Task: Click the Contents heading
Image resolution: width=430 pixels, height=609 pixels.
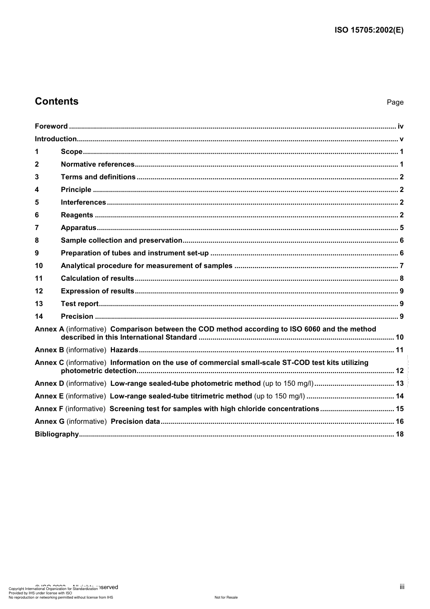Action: point(57,101)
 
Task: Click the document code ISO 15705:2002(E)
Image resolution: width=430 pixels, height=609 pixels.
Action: point(369,30)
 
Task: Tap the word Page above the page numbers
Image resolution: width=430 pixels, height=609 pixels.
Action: point(395,102)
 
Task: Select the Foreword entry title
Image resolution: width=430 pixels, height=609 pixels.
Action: point(51,126)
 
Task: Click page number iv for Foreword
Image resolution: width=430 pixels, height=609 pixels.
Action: point(400,126)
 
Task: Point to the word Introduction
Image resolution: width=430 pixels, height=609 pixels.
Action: point(56,139)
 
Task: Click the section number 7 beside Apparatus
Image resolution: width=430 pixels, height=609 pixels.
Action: point(37,228)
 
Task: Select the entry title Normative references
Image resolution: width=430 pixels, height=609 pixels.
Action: point(98,164)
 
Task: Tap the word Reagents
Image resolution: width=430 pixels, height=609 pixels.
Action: point(77,215)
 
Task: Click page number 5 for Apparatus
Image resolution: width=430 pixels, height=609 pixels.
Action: point(401,228)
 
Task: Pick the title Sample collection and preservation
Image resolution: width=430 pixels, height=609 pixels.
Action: point(121,240)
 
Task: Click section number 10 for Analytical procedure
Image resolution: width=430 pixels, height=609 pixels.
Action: point(38,266)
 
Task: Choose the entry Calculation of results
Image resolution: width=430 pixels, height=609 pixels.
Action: point(97,278)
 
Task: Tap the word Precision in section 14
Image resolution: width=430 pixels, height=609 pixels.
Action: point(77,316)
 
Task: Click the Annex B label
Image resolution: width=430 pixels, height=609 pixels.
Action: point(49,350)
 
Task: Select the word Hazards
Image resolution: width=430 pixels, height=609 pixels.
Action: point(124,350)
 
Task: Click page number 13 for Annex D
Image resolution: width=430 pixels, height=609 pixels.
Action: point(399,384)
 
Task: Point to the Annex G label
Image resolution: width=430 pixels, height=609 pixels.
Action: point(49,422)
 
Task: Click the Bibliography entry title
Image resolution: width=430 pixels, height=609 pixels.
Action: point(57,434)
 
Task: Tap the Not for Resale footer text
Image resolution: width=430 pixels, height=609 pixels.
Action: point(226,597)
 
